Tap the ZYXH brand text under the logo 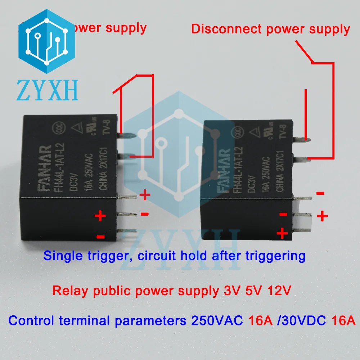click(47, 90)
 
